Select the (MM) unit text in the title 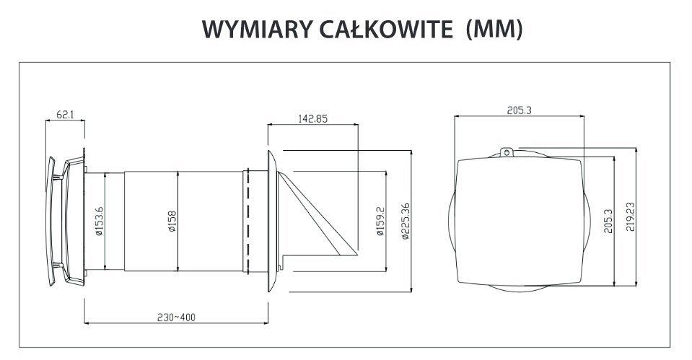tap(494, 30)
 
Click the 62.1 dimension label tap(65, 114)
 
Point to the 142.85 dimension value tap(313, 118)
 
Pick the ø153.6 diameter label tap(100, 221)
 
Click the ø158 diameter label tap(172, 221)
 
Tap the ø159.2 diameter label tap(381, 221)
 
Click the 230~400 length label tap(176, 317)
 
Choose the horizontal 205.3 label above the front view tap(519, 110)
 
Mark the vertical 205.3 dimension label tap(608, 221)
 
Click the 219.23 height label tap(630, 216)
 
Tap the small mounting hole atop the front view tap(507, 153)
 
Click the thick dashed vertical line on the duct tap(248, 221)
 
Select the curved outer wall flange tap(272, 221)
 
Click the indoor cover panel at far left tap(51, 221)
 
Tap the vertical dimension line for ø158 tap(178, 221)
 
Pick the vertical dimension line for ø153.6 tap(105, 221)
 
